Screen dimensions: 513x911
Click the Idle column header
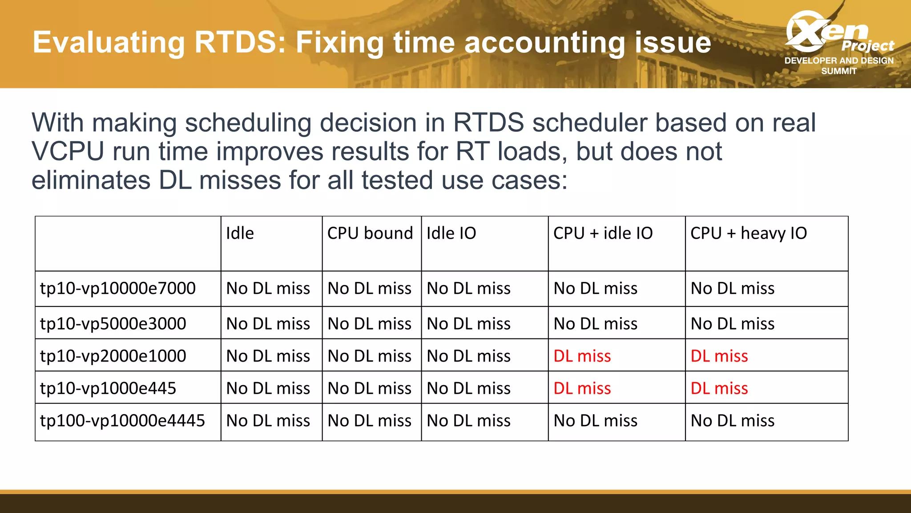tap(240, 233)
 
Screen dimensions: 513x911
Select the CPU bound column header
tap(370, 233)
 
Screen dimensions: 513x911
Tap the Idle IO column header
tap(451, 233)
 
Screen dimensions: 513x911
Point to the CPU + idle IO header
tap(603, 233)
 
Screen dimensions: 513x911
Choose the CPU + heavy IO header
tap(748, 233)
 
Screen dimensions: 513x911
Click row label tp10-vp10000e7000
tap(118, 289)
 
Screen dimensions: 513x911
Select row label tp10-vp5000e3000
tap(113, 324)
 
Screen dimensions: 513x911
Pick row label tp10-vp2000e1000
tap(113, 356)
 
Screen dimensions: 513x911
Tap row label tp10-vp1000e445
tap(108, 388)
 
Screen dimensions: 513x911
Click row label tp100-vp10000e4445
tap(122, 421)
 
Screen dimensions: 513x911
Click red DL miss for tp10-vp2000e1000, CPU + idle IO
tap(582, 356)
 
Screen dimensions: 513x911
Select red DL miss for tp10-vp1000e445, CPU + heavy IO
tap(719, 388)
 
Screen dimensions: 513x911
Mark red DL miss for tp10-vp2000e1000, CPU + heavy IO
tap(719, 356)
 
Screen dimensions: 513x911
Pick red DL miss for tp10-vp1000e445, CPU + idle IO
tap(582, 388)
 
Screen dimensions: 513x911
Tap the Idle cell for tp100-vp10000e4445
tap(268, 421)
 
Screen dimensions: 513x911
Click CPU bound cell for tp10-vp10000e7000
tap(369, 289)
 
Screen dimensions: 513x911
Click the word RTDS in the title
tap(240, 43)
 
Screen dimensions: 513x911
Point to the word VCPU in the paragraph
tap(68, 151)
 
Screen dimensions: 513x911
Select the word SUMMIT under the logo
tap(838, 71)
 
